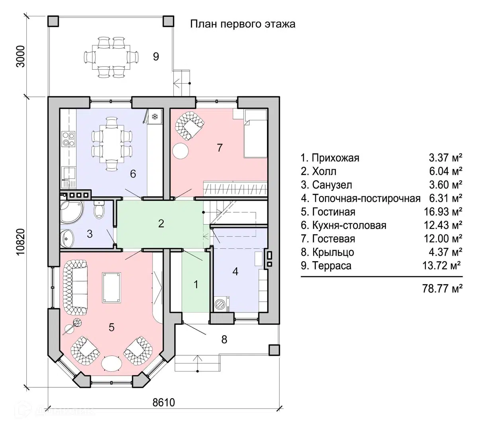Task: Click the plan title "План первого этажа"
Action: pos(242,24)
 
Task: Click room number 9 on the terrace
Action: pos(156,57)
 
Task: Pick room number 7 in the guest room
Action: pos(219,148)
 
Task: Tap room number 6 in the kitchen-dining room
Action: pos(133,174)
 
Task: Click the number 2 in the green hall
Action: pos(161,223)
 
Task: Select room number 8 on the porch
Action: pos(224,339)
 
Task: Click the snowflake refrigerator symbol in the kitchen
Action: pos(155,117)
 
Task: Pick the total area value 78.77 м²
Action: pos(442,288)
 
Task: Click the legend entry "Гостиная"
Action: pos(333,212)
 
